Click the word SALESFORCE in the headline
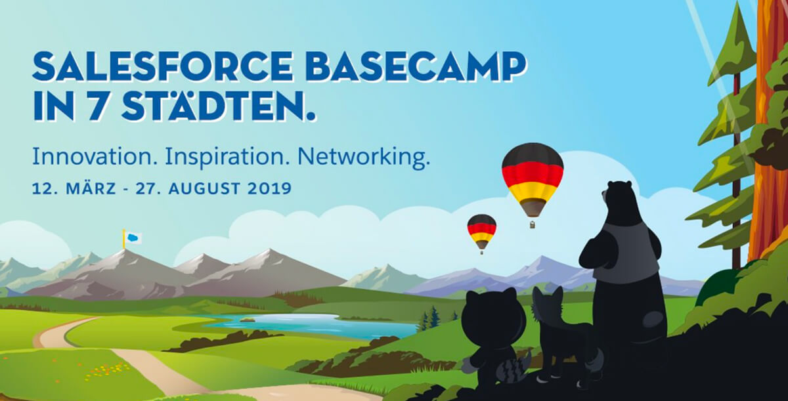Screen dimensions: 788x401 tap(163, 67)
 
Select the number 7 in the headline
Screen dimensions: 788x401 tap(95, 106)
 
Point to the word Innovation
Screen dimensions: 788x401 tap(95, 157)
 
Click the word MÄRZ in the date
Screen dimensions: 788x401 tap(91, 188)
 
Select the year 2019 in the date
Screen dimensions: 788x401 tap(269, 189)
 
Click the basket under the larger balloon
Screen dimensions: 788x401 tap(533, 224)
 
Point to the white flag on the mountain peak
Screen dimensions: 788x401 tap(133, 238)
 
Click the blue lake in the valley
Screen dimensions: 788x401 tap(309, 325)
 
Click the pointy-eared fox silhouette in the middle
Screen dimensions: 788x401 tap(563, 337)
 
